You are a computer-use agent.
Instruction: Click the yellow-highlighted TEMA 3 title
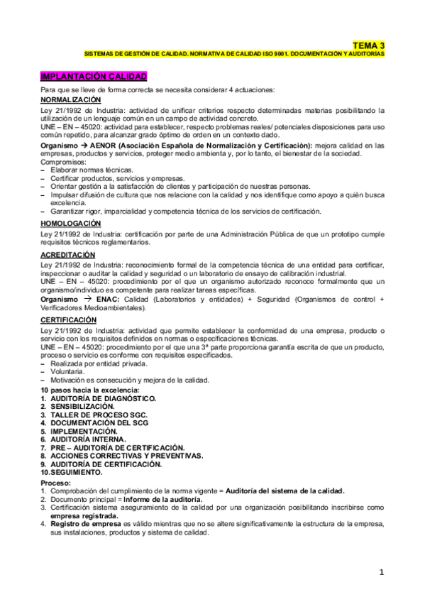coord(369,44)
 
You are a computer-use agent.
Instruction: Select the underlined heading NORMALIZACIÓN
coord(71,101)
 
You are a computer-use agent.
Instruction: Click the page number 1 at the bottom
coord(381,572)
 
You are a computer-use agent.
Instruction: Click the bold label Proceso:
coord(56,483)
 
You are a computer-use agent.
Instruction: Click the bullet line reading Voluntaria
coord(67,372)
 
